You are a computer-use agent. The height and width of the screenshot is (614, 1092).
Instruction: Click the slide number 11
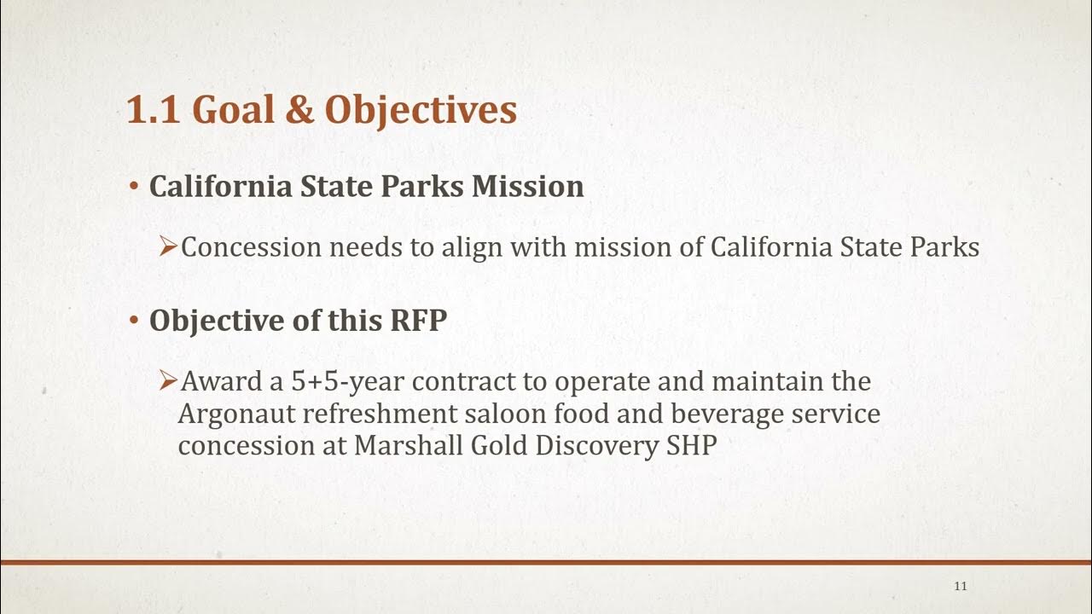coord(961,586)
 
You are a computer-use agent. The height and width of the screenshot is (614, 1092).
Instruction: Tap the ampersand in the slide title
coord(299,110)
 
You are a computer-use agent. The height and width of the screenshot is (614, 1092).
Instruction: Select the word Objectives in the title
coord(421,111)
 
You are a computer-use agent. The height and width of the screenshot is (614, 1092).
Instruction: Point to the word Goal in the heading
coord(234,110)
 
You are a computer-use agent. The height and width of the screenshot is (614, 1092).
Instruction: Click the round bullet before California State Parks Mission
coord(134,186)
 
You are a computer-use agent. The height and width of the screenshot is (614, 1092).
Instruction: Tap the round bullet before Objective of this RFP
coord(134,320)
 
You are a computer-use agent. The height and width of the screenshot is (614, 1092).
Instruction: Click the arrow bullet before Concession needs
coord(168,246)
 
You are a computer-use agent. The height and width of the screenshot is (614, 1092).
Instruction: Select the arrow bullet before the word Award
coord(168,380)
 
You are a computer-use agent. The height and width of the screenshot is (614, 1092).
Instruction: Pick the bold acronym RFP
coord(419,321)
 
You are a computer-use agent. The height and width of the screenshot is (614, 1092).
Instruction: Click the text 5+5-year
coord(348,382)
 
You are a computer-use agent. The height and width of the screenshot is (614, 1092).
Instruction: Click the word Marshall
coord(408,445)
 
